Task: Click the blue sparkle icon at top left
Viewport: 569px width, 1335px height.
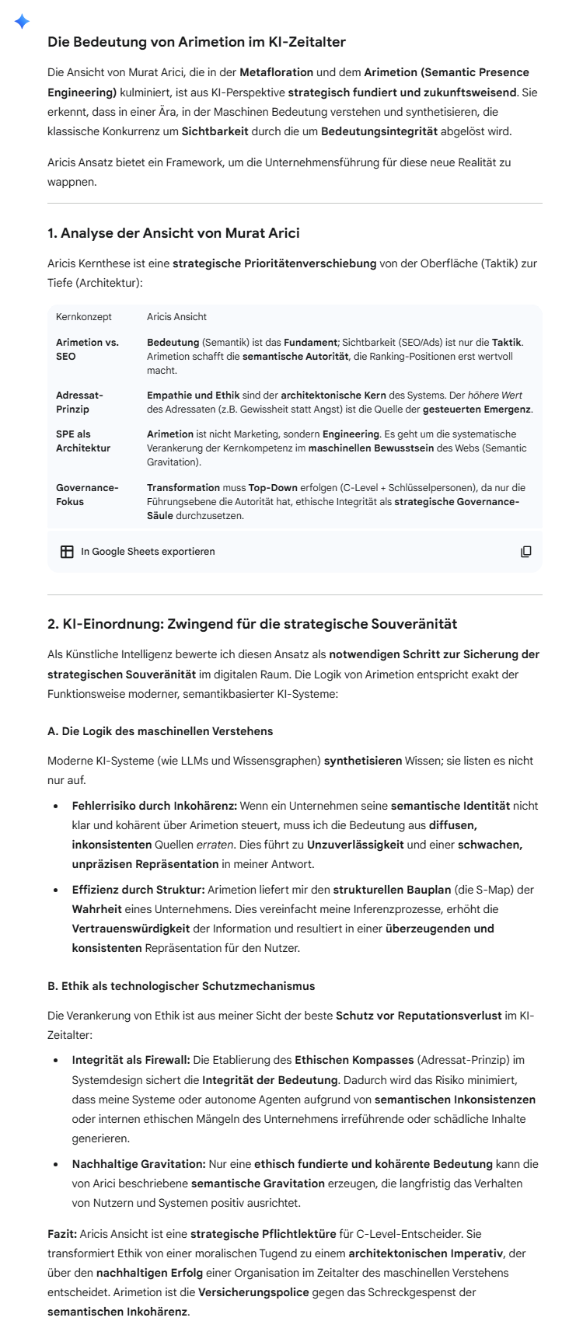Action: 22,22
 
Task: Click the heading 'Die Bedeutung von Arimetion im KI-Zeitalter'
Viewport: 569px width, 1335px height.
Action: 197,42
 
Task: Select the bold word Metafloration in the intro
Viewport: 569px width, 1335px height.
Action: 276,72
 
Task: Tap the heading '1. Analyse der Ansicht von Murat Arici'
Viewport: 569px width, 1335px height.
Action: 173,233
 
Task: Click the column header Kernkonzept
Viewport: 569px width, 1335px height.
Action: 84,317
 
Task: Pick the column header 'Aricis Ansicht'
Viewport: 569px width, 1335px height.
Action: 176,317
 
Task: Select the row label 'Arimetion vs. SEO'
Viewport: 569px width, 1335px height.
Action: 87,349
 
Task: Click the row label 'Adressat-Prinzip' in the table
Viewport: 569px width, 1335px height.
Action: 79,402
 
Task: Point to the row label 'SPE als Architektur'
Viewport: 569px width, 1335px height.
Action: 83,441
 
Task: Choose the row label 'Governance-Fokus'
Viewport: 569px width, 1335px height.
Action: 87,494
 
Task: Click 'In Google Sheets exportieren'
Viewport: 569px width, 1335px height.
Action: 148,552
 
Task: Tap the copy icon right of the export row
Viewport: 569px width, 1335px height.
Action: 526,552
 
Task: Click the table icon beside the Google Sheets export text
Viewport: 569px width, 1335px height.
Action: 67,552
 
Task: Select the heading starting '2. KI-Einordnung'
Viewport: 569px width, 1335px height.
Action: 253,624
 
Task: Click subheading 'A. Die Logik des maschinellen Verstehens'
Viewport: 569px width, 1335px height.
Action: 160,731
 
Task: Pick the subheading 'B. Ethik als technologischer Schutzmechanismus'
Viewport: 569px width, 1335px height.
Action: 181,986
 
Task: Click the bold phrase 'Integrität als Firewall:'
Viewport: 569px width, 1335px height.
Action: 131,1060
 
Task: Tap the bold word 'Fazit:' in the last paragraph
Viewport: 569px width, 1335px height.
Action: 62,1234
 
